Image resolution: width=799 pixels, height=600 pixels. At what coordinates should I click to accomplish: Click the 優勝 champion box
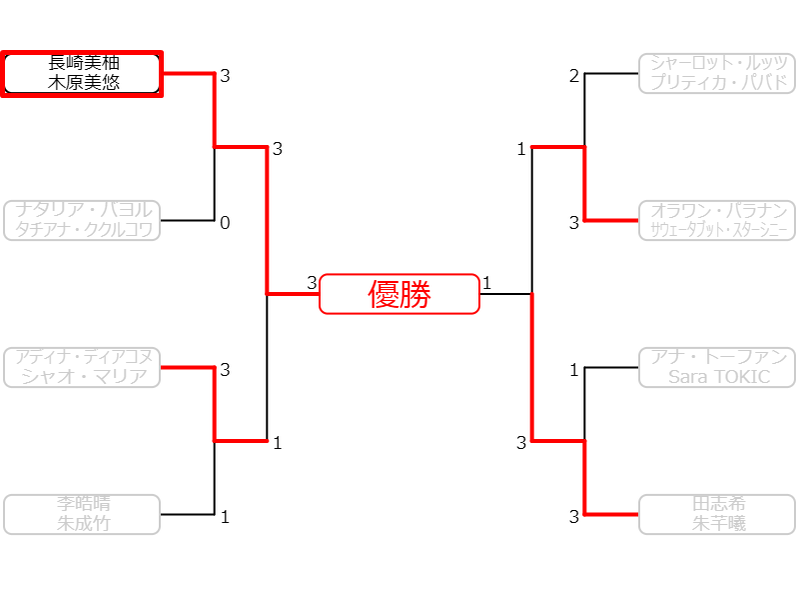click(399, 294)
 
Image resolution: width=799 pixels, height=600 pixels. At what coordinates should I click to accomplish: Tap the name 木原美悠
click(83, 83)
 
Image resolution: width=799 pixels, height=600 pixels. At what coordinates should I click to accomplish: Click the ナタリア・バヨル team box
click(83, 220)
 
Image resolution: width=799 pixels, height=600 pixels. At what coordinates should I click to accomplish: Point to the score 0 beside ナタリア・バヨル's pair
click(225, 223)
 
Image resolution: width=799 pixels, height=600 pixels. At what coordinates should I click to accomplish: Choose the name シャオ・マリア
click(83, 376)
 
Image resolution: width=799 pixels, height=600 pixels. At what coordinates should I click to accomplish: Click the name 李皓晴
click(83, 505)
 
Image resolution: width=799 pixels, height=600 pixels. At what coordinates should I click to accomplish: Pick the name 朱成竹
click(83, 523)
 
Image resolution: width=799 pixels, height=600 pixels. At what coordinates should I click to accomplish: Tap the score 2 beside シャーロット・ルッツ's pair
click(574, 76)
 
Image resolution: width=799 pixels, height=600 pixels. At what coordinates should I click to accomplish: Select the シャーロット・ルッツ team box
click(716, 73)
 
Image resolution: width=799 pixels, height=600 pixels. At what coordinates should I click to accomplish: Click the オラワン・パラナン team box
click(716, 220)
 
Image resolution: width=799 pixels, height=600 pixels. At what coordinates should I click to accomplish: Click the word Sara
click(688, 377)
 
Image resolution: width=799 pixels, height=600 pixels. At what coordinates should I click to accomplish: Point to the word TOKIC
click(740, 377)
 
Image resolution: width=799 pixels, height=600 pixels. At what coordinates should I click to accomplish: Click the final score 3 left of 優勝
click(312, 283)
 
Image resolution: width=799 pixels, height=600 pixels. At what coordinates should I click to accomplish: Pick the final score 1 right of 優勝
click(487, 283)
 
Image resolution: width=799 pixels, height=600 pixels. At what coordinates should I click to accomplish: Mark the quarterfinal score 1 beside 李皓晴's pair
click(225, 517)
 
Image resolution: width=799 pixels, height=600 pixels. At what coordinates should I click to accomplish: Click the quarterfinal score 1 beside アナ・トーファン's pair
click(574, 370)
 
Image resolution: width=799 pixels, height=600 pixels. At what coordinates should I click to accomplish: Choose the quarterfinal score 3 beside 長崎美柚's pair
click(225, 76)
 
